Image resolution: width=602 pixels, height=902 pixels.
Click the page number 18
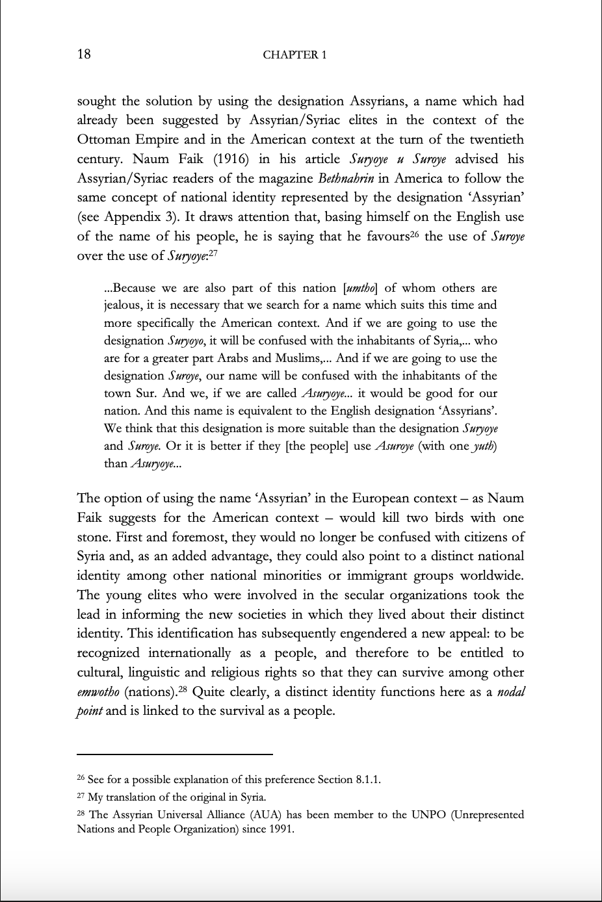tap(84, 54)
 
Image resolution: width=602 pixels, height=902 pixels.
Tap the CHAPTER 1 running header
tap(294, 55)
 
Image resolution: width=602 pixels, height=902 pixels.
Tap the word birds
tap(447, 518)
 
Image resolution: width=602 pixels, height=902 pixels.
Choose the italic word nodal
tap(510, 692)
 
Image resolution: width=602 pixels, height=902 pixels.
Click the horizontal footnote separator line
tap(174, 754)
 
